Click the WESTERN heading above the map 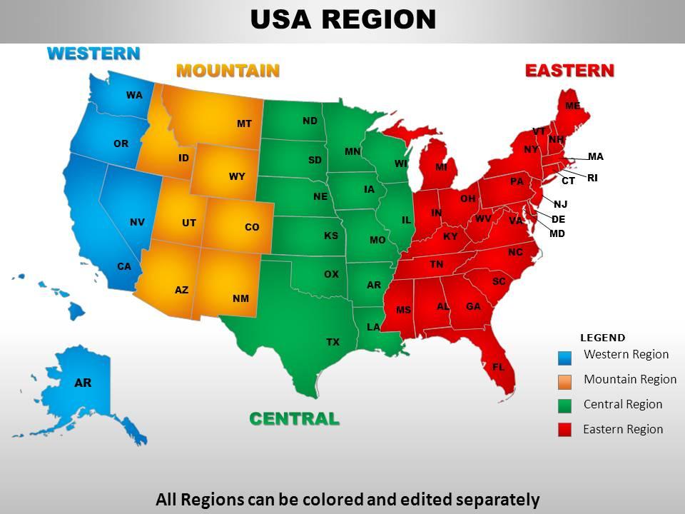[x=93, y=54]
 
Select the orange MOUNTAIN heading [x=227, y=71]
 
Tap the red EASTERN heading [x=569, y=71]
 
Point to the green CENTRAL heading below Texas [x=294, y=419]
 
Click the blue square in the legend [x=564, y=356]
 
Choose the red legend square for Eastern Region [x=564, y=430]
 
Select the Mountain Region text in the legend [x=629, y=379]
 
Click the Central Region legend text [x=622, y=404]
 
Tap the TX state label [x=333, y=343]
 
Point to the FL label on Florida [x=498, y=367]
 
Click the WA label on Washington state [x=134, y=95]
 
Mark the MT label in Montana [x=244, y=124]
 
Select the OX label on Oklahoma [x=331, y=274]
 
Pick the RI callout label [x=592, y=178]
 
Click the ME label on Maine [x=572, y=106]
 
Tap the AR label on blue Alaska [x=83, y=383]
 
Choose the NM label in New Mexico [x=240, y=298]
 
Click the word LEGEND [x=602, y=338]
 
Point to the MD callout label [x=557, y=233]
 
